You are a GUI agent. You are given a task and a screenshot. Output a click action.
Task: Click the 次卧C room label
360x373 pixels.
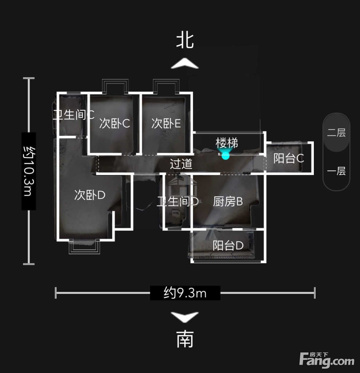(114, 123)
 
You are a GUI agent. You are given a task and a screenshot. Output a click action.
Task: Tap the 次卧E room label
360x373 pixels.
(166, 123)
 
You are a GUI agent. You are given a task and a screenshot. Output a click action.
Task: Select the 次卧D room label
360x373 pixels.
(90, 195)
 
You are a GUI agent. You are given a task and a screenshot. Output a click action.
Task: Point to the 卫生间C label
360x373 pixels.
(74, 115)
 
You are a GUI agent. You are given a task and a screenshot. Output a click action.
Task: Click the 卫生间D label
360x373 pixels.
(178, 201)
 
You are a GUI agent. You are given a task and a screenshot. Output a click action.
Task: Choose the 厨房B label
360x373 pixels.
(228, 201)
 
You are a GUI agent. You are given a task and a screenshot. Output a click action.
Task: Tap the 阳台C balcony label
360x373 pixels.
(289, 158)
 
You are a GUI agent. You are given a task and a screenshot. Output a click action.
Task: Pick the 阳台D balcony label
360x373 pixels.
(228, 245)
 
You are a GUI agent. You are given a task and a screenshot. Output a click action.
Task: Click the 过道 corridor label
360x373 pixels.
(181, 164)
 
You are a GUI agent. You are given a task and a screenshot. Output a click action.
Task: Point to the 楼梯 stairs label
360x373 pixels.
(227, 143)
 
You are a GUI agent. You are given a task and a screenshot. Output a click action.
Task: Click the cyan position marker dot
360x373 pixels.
(226, 156)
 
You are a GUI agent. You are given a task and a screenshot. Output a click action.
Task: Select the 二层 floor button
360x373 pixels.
(336, 133)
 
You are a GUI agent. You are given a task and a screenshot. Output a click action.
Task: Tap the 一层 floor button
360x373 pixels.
(336, 171)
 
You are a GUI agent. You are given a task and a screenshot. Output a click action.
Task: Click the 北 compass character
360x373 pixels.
(185, 41)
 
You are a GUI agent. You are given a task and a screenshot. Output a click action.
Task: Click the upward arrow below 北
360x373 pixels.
(185, 63)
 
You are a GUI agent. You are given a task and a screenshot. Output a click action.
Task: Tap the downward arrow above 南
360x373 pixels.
(185, 317)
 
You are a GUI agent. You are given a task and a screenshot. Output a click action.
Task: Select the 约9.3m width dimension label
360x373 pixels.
(185, 293)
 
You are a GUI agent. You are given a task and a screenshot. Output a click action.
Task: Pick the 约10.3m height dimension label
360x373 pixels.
(29, 171)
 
